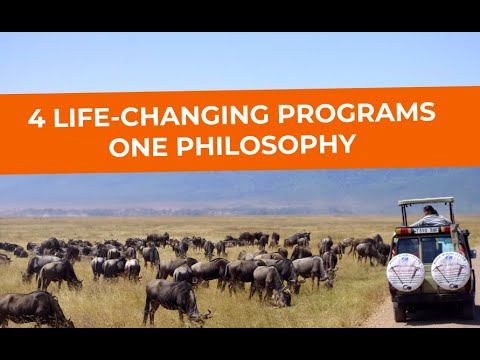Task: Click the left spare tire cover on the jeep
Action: [x=405, y=271]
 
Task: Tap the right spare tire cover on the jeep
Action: [x=450, y=270]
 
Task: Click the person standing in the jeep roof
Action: [x=430, y=215]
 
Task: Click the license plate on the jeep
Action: [x=427, y=231]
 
